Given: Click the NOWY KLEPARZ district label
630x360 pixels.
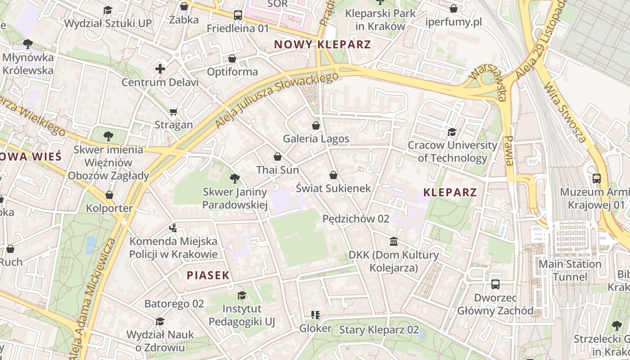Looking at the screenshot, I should [x=322, y=45].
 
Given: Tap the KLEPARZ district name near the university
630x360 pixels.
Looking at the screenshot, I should [x=450, y=193].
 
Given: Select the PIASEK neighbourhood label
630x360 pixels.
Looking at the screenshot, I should [x=208, y=275].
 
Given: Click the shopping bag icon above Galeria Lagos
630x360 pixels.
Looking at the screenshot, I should [x=316, y=125].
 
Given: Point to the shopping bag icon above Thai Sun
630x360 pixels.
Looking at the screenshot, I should [x=278, y=157].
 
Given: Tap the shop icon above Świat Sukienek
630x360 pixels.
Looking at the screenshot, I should [x=333, y=175].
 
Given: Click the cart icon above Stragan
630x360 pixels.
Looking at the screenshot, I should [x=174, y=112].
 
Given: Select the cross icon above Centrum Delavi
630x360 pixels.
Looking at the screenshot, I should [x=160, y=69].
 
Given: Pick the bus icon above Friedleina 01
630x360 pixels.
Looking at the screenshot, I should [x=238, y=15].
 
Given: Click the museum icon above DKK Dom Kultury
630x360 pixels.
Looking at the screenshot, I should [x=394, y=242].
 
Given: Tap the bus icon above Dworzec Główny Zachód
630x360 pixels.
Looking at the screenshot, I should [x=495, y=284].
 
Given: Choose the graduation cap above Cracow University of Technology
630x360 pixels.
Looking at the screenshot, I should [x=452, y=132].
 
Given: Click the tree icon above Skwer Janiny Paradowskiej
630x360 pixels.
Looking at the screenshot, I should [x=234, y=179].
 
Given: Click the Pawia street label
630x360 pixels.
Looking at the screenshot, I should [x=509, y=150].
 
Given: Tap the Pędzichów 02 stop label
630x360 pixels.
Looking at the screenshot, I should [x=356, y=219].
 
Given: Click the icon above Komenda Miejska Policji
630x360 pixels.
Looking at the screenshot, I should [x=173, y=228].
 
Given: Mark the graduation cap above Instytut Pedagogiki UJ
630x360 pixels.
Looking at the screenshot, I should [x=242, y=295].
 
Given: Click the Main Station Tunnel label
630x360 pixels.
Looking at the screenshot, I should [x=570, y=270].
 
